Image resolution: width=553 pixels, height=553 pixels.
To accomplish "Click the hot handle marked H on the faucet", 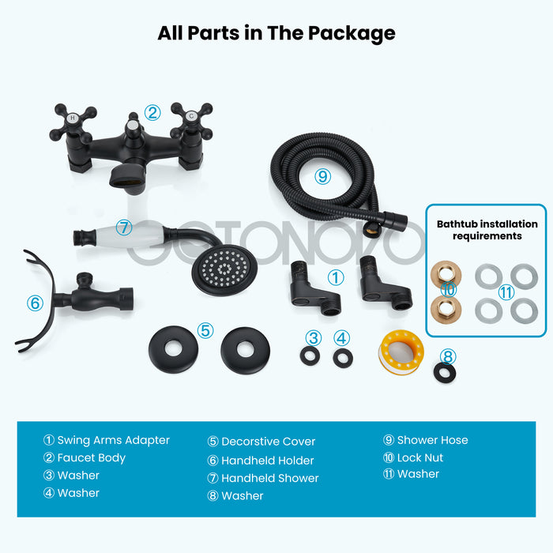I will point(73,118).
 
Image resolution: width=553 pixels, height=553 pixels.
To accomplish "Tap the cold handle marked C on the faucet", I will point(192,116).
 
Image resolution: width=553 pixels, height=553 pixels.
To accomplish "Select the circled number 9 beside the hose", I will point(322,177).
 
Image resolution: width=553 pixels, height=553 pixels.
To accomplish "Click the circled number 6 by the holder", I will point(35,303).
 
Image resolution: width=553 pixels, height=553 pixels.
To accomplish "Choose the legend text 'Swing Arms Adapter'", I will point(113,440).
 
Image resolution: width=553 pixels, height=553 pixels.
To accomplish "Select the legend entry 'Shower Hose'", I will point(432,440).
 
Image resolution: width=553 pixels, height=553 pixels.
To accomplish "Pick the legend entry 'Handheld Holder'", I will point(267,461).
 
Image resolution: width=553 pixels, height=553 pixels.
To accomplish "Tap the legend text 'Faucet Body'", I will point(91,457).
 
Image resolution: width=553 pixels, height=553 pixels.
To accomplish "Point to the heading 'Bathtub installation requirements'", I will point(487,230).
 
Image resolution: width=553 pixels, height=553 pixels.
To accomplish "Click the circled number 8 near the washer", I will point(448,356).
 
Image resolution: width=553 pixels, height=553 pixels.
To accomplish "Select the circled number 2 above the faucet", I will point(152,113).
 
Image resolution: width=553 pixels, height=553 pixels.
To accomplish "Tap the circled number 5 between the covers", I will point(205,330).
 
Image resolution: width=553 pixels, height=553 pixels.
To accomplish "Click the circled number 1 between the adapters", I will point(337,277).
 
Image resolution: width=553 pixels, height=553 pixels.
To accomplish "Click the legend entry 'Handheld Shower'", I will point(269,478).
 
